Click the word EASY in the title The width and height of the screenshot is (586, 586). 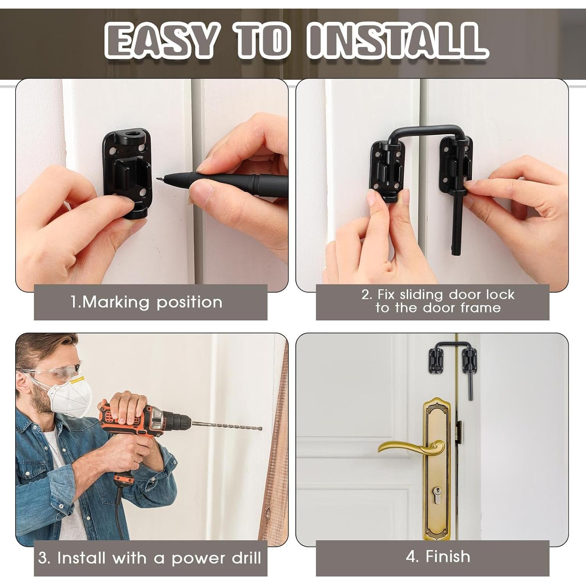(x=160, y=40)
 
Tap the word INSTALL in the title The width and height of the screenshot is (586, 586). (x=397, y=40)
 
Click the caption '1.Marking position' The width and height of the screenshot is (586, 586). (x=146, y=302)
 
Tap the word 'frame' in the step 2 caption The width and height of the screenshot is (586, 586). (x=481, y=308)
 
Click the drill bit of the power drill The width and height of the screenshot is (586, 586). (x=227, y=426)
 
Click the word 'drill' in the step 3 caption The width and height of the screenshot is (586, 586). (x=246, y=558)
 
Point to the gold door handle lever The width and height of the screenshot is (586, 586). (x=410, y=447)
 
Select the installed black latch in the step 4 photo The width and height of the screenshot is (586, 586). (x=451, y=357)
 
